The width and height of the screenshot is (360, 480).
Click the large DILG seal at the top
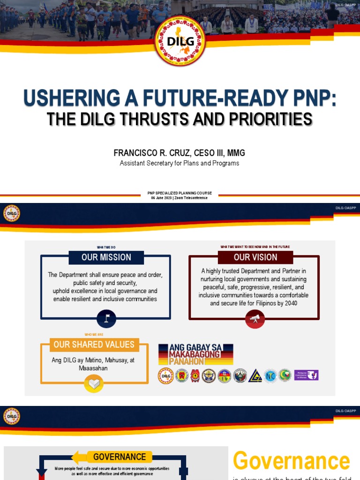click(x=180, y=41)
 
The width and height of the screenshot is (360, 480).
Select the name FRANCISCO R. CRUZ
click(x=144, y=153)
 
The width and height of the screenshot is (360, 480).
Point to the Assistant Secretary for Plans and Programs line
click(x=180, y=163)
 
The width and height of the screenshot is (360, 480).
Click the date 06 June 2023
click(x=162, y=198)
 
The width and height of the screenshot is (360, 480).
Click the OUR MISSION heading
click(x=106, y=257)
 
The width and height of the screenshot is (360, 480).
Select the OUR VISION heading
click(x=255, y=257)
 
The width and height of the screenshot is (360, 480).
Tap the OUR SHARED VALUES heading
click(x=94, y=345)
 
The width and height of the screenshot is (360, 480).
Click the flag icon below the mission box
click(x=106, y=319)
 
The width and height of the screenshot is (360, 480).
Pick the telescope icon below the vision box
click(x=255, y=319)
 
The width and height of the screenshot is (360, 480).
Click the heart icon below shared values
click(x=94, y=384)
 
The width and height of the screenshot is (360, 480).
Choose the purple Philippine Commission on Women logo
click(x=306, y=375)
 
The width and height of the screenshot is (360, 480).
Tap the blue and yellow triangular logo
click(x=255, y=375)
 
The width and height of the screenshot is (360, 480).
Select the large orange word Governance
click(x=291, y=461)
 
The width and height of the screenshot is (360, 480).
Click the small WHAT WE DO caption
click(x=106, y=247)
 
